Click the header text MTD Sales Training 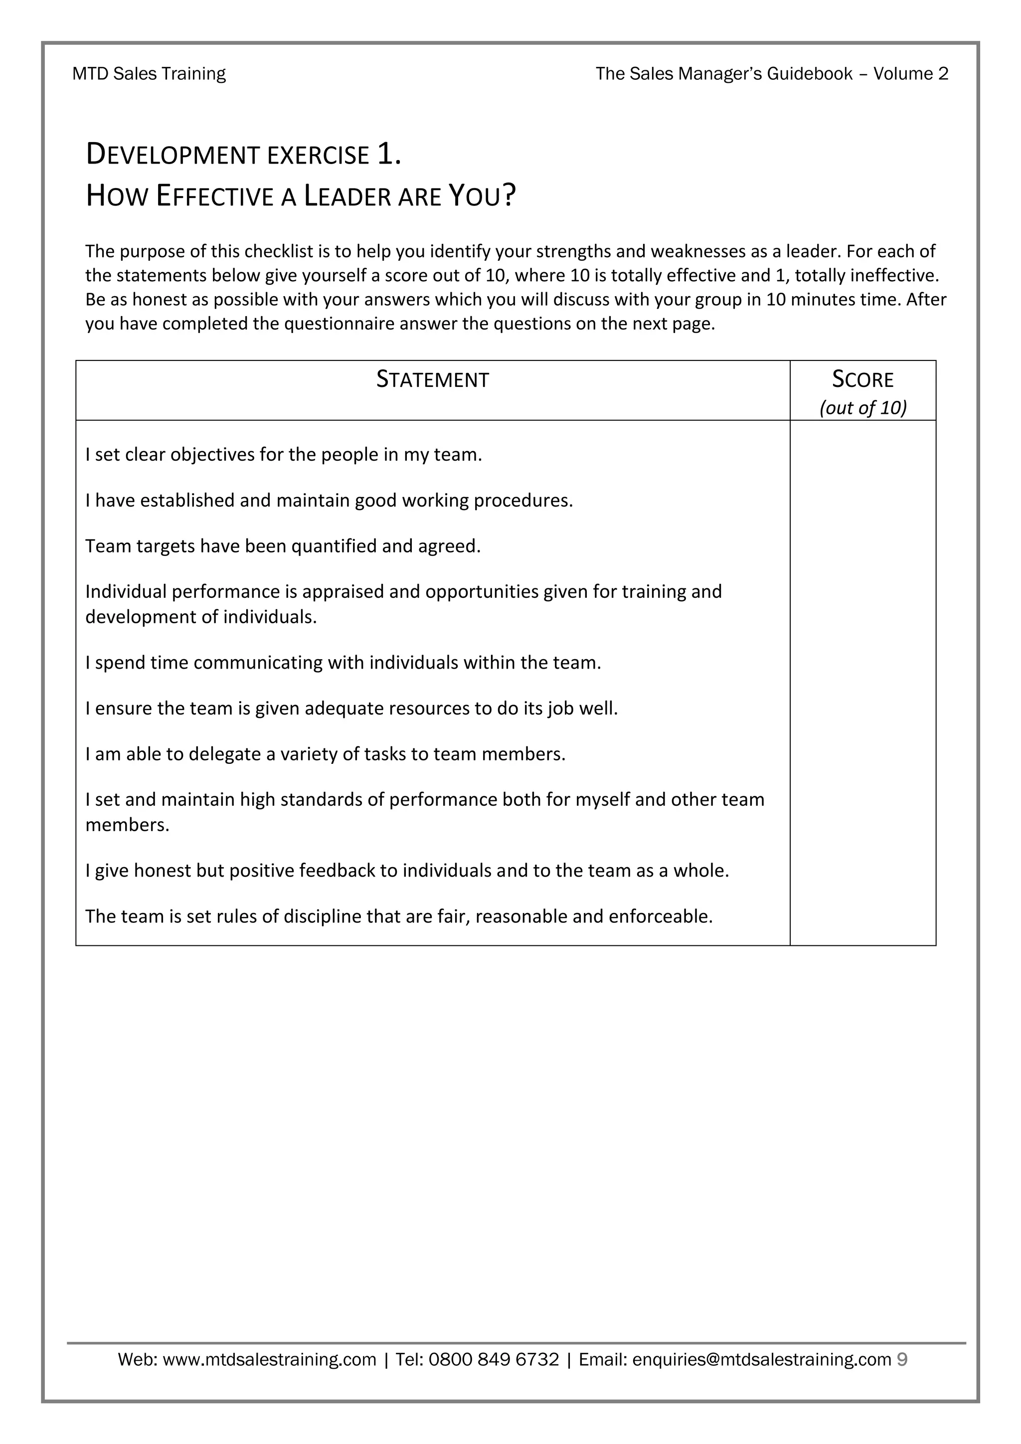149,74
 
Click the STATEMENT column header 433,379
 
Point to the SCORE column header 862,379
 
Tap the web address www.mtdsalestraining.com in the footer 269,1360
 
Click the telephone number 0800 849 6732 494,1360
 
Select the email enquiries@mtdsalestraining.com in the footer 761,1360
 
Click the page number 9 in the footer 902,1360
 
